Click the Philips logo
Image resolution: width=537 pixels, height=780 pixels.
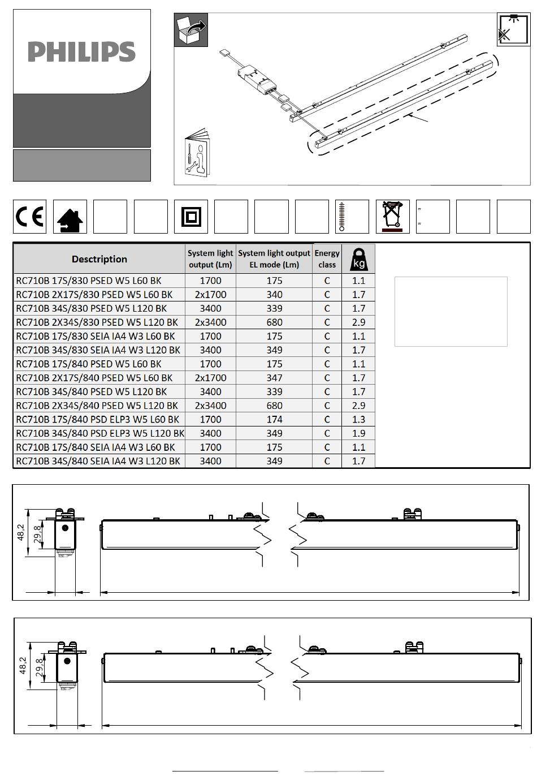81,52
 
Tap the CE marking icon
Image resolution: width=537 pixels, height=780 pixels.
29,216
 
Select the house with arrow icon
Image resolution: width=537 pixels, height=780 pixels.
70,220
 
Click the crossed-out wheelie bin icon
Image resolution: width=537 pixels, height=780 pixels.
392,216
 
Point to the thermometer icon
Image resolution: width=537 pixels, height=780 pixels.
341,217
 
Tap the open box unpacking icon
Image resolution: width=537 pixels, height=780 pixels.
190,30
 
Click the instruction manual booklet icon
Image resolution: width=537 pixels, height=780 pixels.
197,152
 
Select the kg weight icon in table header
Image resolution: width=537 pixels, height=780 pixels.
358,260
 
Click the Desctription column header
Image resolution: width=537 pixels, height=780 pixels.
99,259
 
